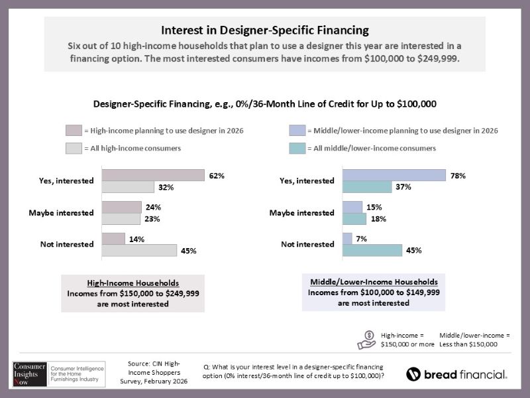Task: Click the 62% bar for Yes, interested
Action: pos(153,175)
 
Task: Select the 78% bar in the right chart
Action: pos(394,175)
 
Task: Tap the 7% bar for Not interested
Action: pos(347,238)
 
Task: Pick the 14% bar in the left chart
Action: pos(113,238)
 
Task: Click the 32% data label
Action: pos(166,188)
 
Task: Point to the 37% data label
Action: pos(403,188)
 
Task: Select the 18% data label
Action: pos(378,219)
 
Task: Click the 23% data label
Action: pos(153,219)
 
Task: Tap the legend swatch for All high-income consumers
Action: pos(73,148)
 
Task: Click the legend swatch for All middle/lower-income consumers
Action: pos(296,148)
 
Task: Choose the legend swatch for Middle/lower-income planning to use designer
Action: pos(296,131)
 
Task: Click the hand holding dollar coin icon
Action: pos(366,339)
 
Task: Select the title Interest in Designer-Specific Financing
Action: pos(265,31)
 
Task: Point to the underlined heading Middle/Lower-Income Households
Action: pos(374,281)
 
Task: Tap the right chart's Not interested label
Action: pos(307,244)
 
